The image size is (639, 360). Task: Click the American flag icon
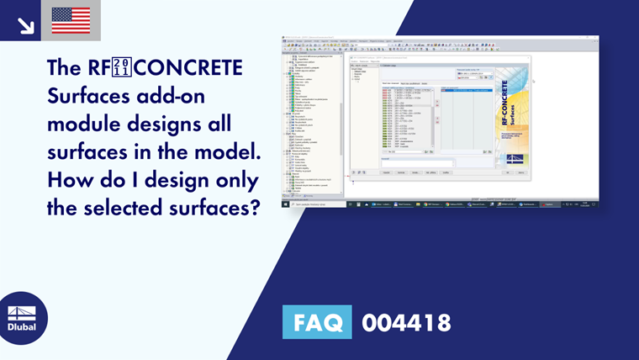71,20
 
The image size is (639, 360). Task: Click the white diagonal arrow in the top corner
26,26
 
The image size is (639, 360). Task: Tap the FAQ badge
318,322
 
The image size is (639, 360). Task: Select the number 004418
406,322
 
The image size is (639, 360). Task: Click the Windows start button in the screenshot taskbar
284,204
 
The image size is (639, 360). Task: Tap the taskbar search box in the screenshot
315,204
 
